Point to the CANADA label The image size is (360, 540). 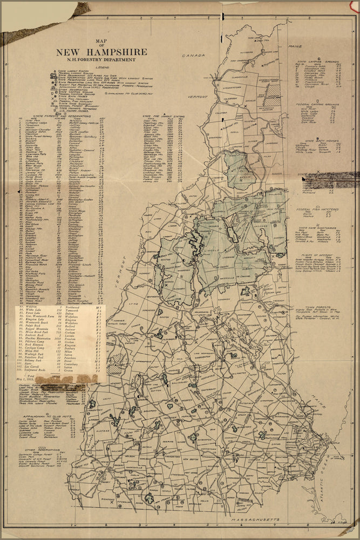(x=194, y=56)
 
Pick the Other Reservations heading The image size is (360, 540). (x=38, y=449)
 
